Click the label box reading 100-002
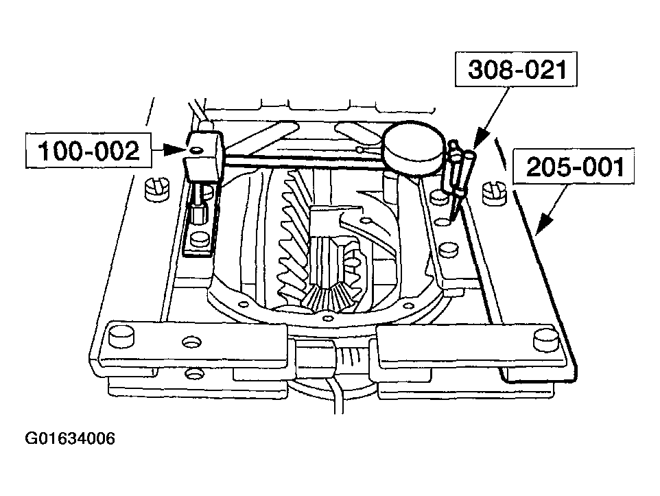89,151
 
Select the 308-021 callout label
516,69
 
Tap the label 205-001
574,166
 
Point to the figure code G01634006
70,439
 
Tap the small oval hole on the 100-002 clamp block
197,150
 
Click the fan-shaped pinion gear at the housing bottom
331,297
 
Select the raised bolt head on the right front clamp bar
546,339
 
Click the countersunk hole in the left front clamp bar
191,342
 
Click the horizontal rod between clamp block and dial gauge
303,160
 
